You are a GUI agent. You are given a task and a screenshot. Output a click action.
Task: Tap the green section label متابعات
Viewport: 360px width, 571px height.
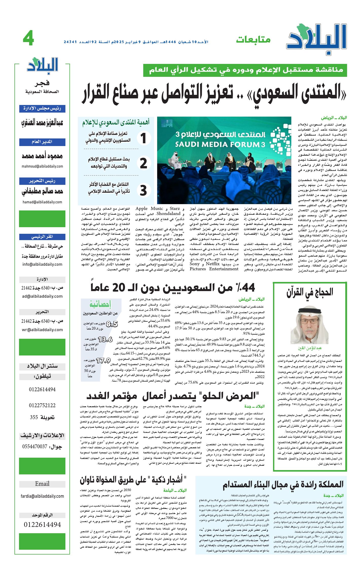click(253, 40)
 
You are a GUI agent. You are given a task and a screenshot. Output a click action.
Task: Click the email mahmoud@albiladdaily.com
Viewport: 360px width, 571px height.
click(42, 166)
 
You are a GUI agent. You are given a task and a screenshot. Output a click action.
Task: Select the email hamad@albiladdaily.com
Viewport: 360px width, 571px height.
click(42, 202)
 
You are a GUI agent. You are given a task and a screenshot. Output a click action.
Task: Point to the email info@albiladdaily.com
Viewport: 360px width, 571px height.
click(42, 264)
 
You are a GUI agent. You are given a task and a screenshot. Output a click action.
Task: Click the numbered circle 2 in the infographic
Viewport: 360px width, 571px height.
click(143, 163)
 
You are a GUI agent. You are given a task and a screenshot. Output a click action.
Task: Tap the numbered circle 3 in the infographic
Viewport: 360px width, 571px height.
click(143, 190)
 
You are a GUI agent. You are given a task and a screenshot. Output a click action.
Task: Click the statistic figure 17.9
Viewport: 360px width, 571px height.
click(103, 361)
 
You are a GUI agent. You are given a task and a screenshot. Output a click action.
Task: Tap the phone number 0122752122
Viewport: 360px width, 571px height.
click(42, 405)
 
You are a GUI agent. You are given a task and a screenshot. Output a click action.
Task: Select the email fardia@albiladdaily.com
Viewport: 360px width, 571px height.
click(42, 496)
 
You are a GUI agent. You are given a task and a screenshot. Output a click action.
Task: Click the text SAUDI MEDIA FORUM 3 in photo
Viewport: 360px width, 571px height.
click(220, 145)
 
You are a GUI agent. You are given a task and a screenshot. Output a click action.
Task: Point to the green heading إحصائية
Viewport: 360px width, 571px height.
click(100, 304)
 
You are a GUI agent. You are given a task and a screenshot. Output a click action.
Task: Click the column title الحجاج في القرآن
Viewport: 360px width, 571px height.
click(310, 292)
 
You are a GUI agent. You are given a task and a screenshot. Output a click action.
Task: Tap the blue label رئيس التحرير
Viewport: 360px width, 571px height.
click(42, 181)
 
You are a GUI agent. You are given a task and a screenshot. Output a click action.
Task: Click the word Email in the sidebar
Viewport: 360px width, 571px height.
click(42, 484)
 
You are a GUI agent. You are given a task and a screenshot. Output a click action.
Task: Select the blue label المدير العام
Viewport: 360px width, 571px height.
click(42, 142)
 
